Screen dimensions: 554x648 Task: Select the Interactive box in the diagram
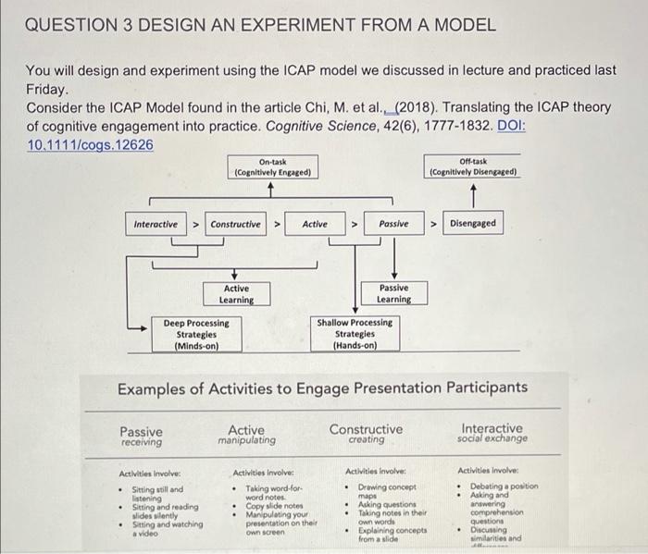click(x=156, y=224)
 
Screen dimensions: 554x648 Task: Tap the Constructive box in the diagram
click(x=236, y=224)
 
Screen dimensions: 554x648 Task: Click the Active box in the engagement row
click(x=315, y=224)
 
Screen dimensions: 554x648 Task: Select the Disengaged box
click(x=473, y=224)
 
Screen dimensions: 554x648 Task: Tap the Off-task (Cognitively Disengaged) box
click(x=473, y=166)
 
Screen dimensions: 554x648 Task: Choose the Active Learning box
click(x=236, y=294)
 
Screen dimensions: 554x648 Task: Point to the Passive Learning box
click(x=393, y=294)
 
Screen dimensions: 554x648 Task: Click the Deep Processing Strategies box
click(x=196, y=334)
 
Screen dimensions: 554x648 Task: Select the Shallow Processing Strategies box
click(x=355, y=334)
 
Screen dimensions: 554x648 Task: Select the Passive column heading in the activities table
click(x=141, y=431)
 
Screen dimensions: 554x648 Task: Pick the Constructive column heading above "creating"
click(x=367, y=429)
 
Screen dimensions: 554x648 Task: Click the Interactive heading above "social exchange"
click(x=492, y=429)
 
